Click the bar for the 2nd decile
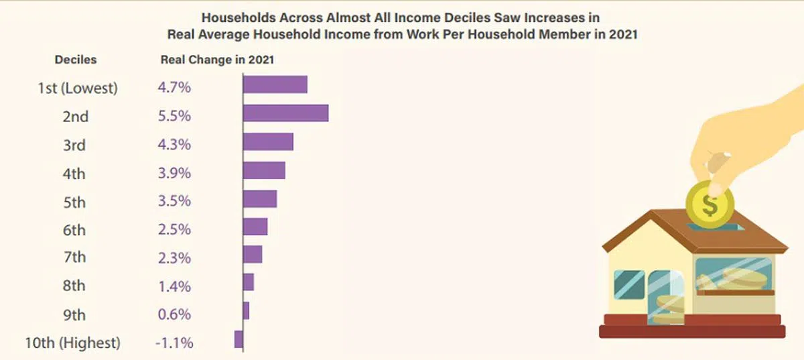click(x=285, y=113)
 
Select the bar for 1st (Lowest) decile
click(x=275, y=84)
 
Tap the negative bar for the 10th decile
click(x=239, y=340)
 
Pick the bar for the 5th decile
click(x=259, y=199)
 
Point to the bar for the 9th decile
click(x=246, y=311)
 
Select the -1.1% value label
click(x=174, y=343)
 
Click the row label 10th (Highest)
click(x=73, y=343)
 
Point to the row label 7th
click(x=74, y=258)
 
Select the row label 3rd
click(x=74, y=145)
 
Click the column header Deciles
click(x=76, y=60)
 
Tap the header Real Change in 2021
click(x=218, y=60)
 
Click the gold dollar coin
click(x=710, y=203)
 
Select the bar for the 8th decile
click(x=248, y=282)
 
